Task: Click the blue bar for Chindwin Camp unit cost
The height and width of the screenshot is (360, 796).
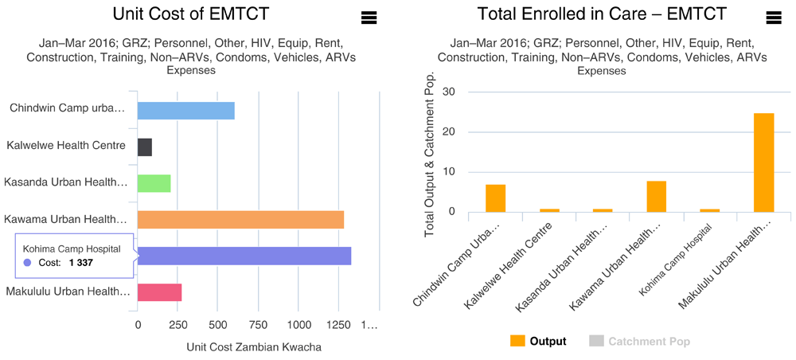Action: point(186,110)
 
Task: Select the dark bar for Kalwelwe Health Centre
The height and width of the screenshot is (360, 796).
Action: point(145,147)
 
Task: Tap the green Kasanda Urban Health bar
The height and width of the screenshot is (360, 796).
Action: point(154,183)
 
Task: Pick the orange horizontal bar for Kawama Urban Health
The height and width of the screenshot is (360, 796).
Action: point(240,219)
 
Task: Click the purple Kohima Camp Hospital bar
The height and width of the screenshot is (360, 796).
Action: point(244,256)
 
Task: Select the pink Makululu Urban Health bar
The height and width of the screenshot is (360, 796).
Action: point(159,292)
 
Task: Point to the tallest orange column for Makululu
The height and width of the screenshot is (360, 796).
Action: point(764,162)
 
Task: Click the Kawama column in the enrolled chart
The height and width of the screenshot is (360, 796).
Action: point(657,196)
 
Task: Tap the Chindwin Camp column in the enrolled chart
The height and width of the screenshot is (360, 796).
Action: point(496,198)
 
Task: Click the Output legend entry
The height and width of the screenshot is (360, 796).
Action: point(539,341)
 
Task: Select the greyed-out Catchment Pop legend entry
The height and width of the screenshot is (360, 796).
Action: point(640,341)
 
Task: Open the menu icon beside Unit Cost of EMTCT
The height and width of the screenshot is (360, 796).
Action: point(368,18)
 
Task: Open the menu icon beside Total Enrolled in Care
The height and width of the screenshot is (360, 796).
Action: point(772,18)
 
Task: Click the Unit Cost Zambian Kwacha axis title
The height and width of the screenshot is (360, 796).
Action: point(253,346)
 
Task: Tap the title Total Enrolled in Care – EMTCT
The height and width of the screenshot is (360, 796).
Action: point(601,14)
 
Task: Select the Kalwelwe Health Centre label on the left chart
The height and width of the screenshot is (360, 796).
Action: point(66,145)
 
